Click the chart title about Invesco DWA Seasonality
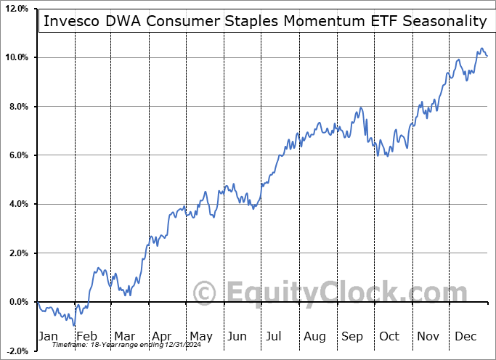click(265, 21)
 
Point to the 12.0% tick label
click(17, 9)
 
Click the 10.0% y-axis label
click(17, 57)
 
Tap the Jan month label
click(49, 336)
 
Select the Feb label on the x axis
click(86, 336)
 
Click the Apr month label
click(161, 336)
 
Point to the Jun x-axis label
click(237, 336)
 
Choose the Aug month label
click(315, 336)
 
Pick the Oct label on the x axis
click(390, 336)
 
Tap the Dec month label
click(465, 336)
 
